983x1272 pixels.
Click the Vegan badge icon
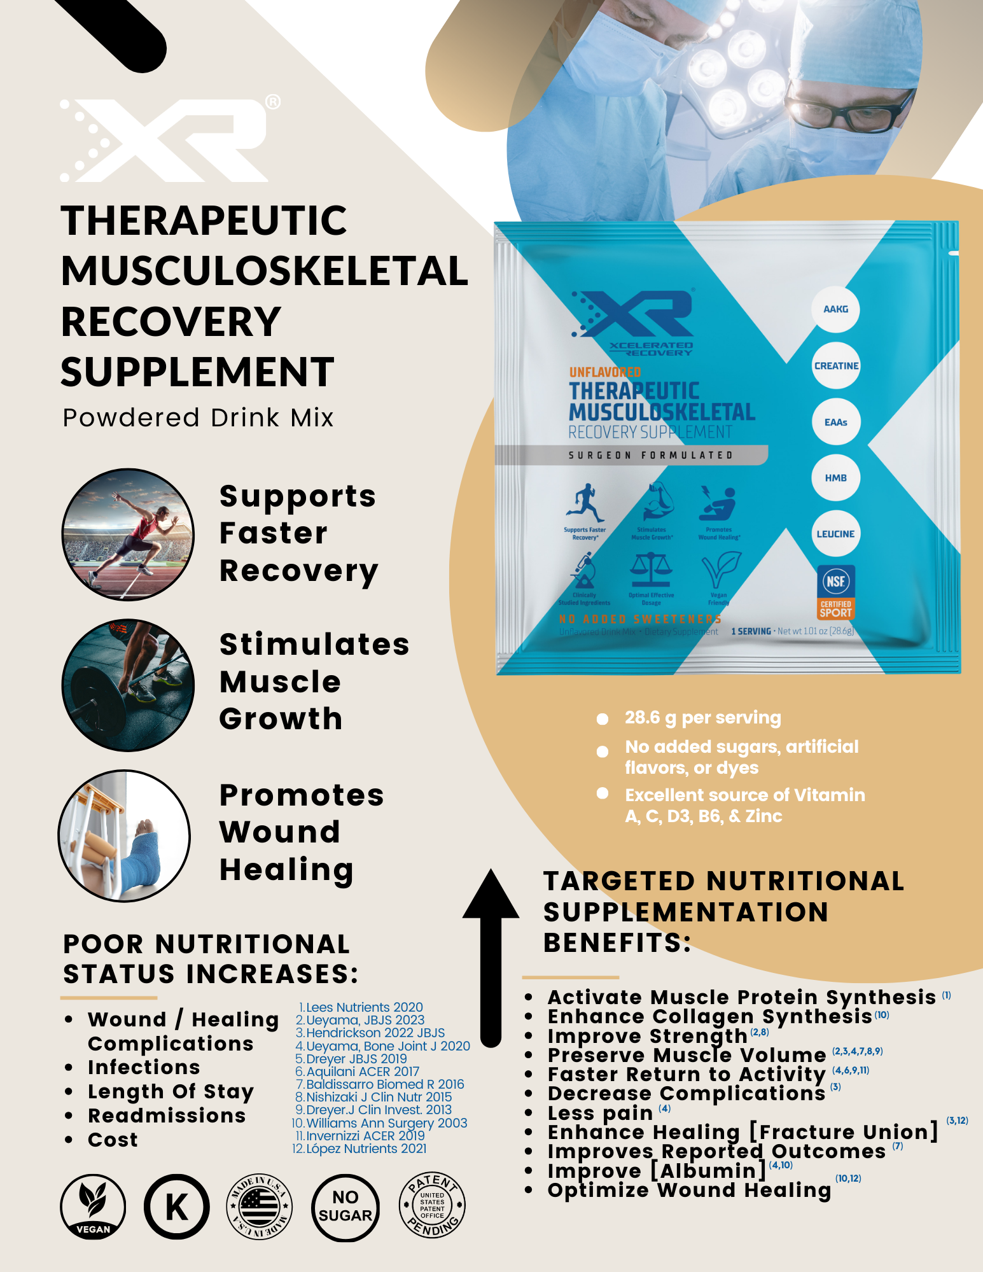(x=93, y=1206)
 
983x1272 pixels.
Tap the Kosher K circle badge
(x=176, y=1206)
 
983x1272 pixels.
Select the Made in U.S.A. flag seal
(x=260, y=1206)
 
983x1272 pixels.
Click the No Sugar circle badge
(x=345, y=1206)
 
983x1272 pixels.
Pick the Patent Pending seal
(x=432, y=1205)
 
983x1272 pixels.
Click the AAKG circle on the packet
(x=835, y=309)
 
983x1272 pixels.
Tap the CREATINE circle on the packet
(x=836, y=366)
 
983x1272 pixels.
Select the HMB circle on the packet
(x=835, y=478)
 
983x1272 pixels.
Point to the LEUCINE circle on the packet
(x=835, y=534)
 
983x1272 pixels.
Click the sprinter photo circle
(x=128, y=535)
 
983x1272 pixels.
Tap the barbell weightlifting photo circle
(x=128, y=685)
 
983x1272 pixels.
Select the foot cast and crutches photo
(x=125, y=835)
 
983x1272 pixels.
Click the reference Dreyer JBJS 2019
(x=356, y=1059)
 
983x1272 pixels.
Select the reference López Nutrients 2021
(x=366, y=1149)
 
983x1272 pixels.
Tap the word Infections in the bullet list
(x=144, y=1067)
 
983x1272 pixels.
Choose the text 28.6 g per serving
(x=702, y=718)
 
